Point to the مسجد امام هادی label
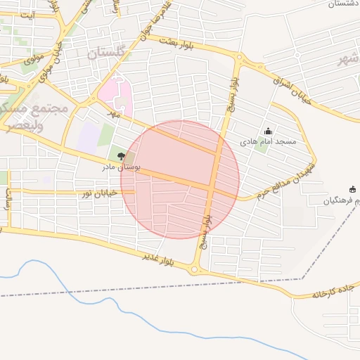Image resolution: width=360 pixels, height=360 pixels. click(269, 142)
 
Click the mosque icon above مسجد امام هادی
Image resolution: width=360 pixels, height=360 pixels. click(268, 131)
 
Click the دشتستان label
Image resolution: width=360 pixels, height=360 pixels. click(343, 4)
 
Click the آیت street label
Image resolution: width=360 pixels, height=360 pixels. click(28, 15)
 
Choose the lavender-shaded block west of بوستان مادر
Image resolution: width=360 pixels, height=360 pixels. click(88, 137)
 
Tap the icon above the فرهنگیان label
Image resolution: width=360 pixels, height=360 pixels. click(352, 189)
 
